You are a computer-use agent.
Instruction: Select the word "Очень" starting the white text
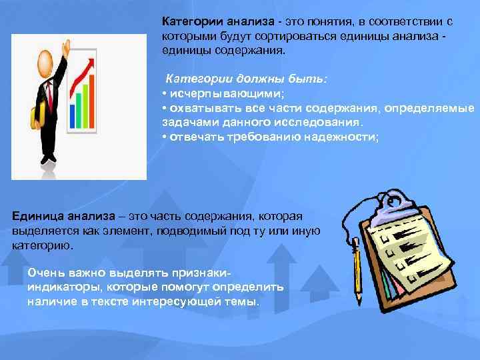[x=46, y=273]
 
